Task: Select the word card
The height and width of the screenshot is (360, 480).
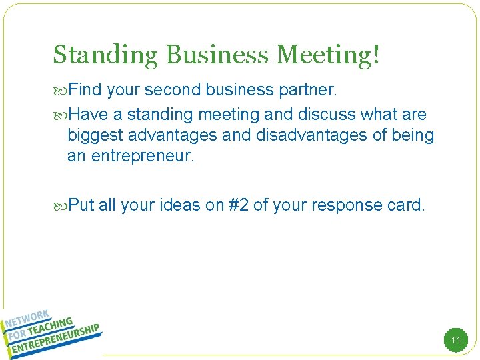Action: [405, 205]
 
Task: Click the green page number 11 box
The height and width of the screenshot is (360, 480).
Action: [456, 341]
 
